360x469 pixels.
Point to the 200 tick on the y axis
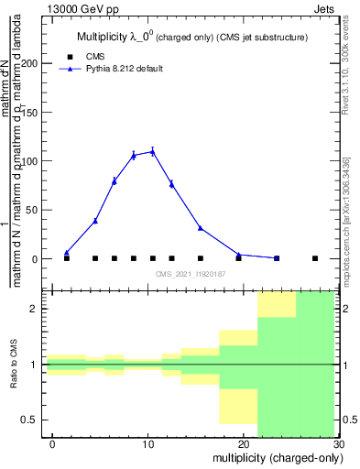tap(34, 63)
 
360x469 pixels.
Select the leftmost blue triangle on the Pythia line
tap(67, 253)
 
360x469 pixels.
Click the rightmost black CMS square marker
tap(315, 258)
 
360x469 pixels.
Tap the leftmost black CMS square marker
tap(67, 258)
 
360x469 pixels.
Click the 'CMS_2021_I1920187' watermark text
tap(189, 275)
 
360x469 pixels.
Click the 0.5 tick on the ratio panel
tap(37, 420)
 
